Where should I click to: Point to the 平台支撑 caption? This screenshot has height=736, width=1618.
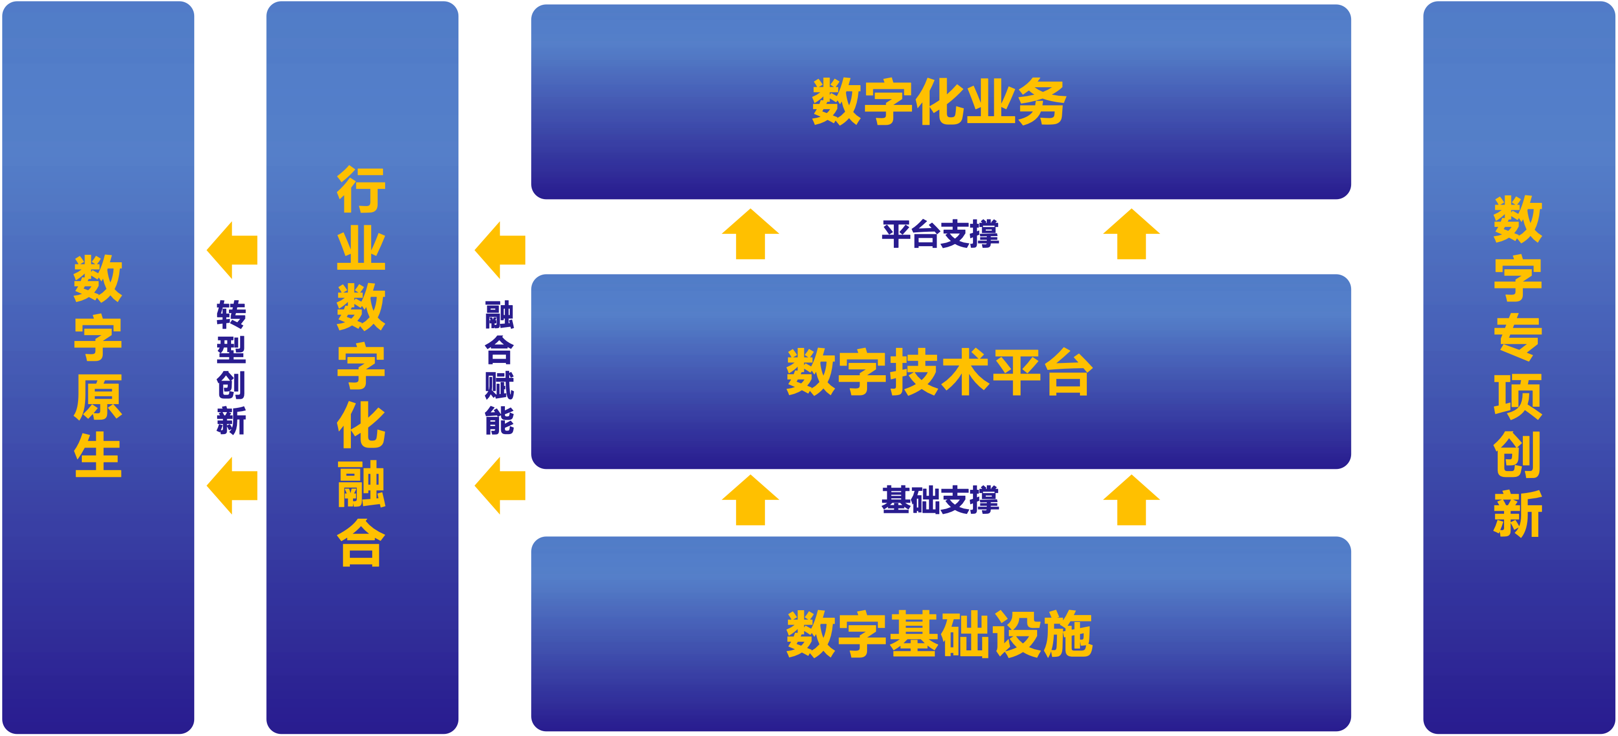940,234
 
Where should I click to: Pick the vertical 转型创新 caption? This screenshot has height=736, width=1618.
231,368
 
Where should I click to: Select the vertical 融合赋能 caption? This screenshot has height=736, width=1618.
500,368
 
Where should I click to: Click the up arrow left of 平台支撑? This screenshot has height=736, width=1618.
750,235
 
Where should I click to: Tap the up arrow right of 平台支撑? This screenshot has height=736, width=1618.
1131,235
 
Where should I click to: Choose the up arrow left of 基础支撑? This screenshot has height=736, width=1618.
750,501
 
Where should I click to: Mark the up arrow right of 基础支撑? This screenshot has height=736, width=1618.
1131,501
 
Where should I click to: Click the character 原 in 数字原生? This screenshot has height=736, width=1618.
98,397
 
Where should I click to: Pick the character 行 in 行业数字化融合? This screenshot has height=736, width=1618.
361,190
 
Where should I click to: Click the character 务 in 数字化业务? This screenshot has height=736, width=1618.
1042,102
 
